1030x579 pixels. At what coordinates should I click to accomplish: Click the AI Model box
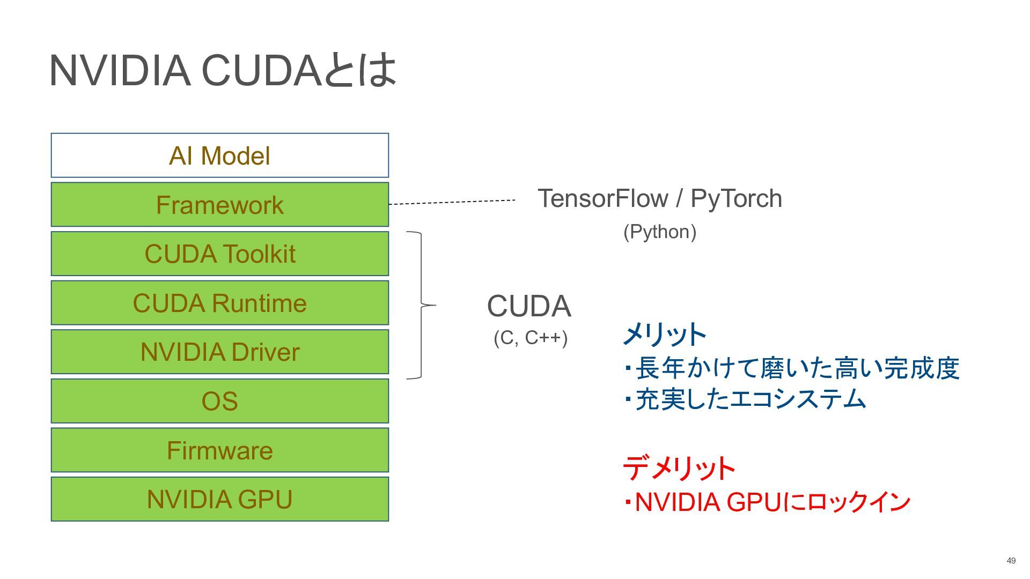pos(220,155)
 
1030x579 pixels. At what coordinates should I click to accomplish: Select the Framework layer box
pos(220,204)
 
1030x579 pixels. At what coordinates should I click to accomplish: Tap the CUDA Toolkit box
pos(220,254)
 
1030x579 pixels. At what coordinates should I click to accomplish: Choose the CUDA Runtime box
pos(220,303)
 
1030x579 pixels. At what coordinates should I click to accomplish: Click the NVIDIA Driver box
pos(220,352)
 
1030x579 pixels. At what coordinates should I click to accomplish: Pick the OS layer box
pos(220,401)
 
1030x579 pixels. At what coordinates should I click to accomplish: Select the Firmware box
pos(220,450)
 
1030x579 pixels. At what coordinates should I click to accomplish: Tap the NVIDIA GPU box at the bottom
pos(220,499)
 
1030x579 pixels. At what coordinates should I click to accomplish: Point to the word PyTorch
pos(736,198)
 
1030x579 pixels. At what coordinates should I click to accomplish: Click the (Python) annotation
pos(660,232)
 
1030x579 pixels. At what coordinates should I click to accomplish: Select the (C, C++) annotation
pos(531,338)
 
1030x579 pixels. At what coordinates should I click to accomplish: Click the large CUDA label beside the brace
pos(529,306)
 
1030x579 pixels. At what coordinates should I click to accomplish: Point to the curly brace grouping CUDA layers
pos(422,306)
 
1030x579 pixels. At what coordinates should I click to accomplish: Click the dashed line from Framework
pos(452,202)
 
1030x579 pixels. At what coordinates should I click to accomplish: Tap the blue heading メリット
pos(665,335)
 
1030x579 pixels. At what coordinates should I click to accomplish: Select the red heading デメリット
pos(679,468)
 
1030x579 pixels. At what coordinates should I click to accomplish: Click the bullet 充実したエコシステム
pos(746,399)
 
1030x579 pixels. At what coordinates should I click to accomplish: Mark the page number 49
pos(1011,561)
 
